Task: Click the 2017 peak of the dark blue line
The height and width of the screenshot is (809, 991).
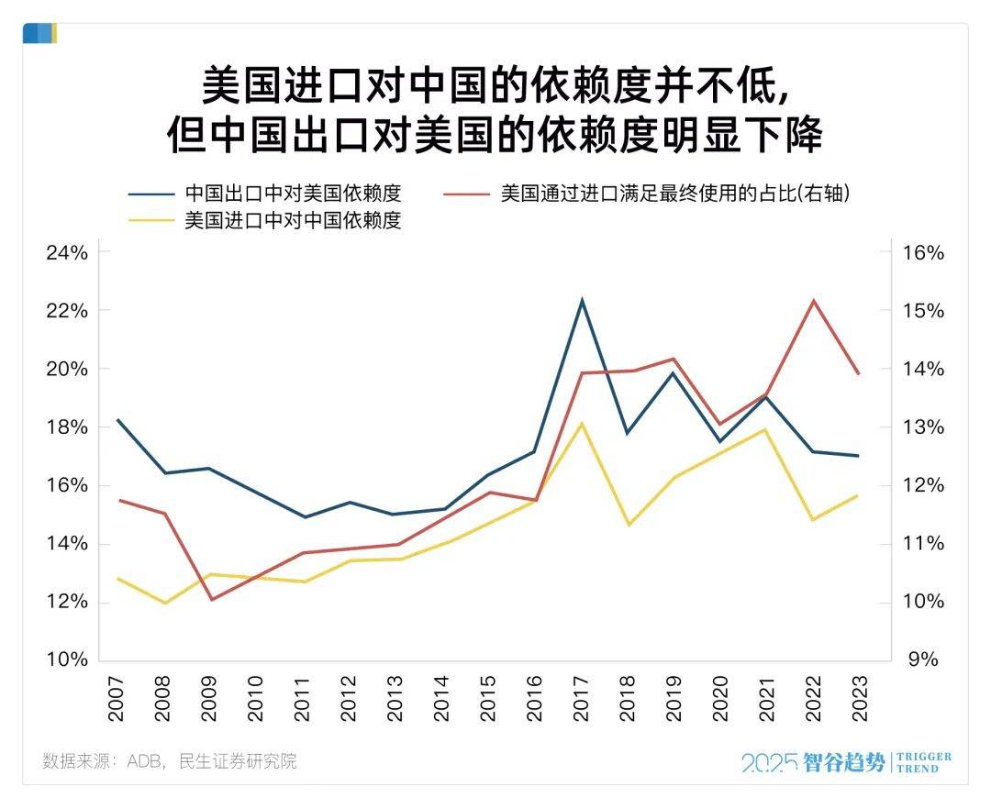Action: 582,300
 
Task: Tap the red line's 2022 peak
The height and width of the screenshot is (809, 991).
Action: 812,300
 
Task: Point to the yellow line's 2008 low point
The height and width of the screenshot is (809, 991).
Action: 164,603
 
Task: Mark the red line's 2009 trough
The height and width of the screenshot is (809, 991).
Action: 211,600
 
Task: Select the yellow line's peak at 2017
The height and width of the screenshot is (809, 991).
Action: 582,423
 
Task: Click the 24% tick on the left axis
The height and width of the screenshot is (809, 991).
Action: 66,252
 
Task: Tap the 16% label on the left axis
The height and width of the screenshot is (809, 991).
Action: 66,485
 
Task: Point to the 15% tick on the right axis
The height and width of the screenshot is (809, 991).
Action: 922,310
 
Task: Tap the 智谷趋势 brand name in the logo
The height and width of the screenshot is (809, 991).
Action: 844,762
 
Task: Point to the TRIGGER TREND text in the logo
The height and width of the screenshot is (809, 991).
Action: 923,762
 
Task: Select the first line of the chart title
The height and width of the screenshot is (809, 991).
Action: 495,89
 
